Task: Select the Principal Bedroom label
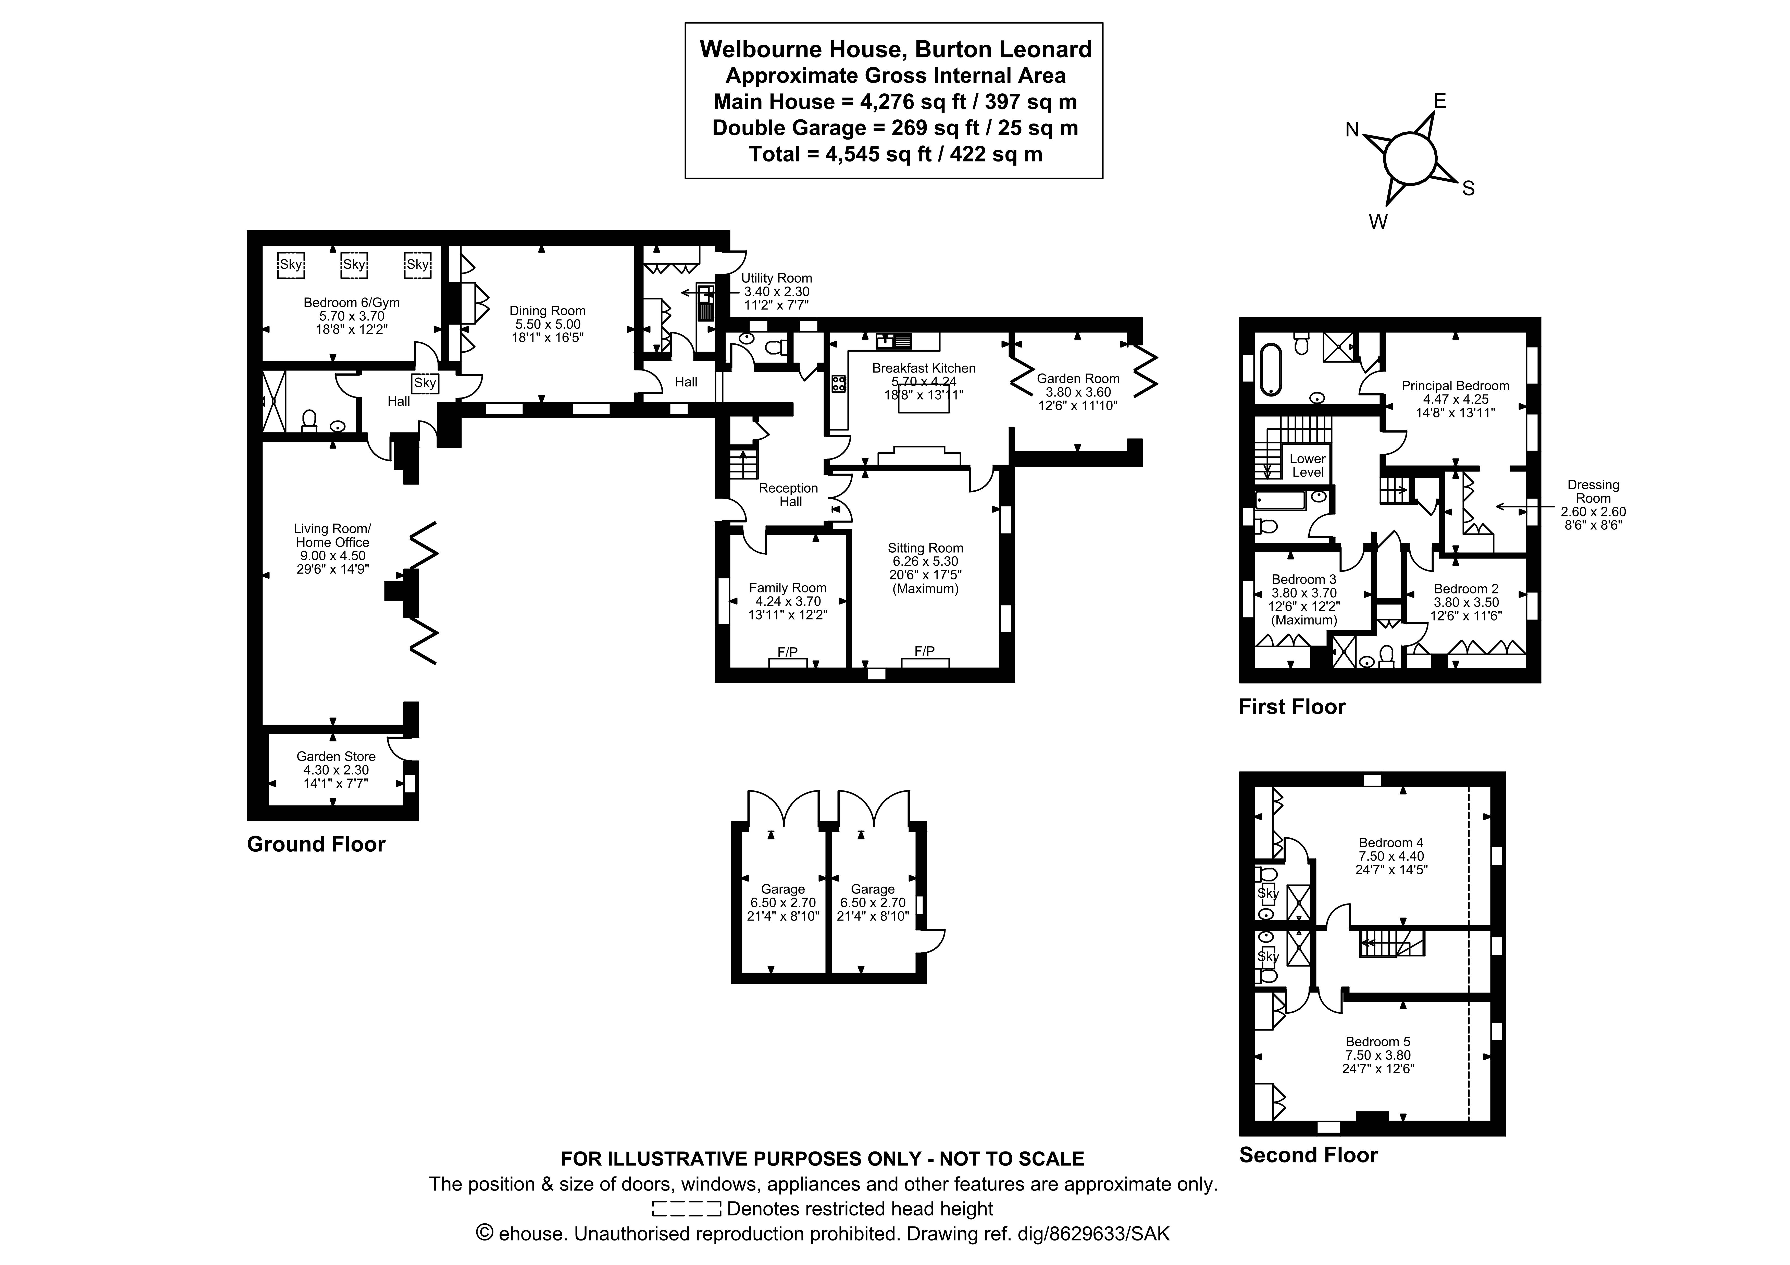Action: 1455,386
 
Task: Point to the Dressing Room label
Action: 1593,492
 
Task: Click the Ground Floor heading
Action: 316,845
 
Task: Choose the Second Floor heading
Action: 1308,1155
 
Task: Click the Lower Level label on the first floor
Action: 1307,465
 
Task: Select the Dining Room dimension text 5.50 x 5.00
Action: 547,324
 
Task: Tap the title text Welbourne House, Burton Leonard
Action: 895,49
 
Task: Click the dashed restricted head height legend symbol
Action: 686,1209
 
